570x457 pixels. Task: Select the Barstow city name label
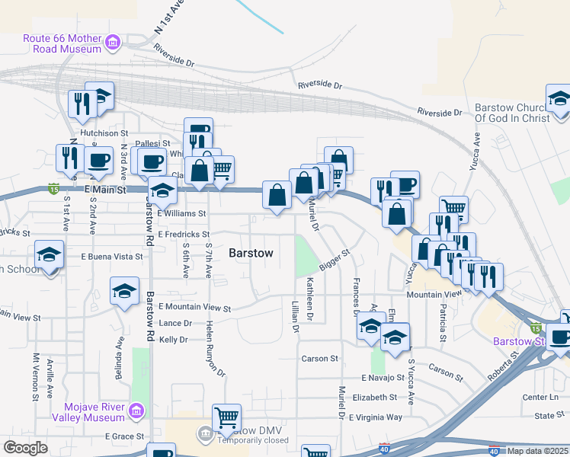(x=251, y=254)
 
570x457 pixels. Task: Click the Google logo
(x=26, y=448)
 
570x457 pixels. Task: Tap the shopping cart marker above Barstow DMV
(x=226, y=417)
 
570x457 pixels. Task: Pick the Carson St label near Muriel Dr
(x=319, y=358)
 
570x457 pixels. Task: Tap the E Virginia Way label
(x=375, y=417)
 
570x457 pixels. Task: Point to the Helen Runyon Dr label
(x=216, y=348)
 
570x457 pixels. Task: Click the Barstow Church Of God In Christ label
(x=511, y=113)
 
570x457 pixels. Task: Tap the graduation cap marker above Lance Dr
(x=125, y=291)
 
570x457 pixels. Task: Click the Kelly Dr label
(x=173, y=340)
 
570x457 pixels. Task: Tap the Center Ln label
(x=541, y=397)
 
